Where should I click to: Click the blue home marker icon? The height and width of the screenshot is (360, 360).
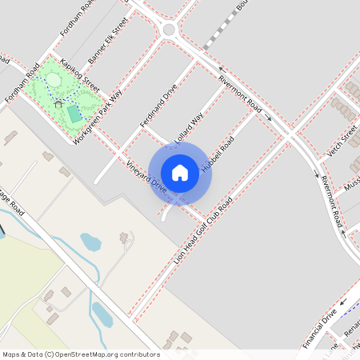(180, 172)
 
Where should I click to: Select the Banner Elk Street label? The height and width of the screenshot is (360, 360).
(108, 42)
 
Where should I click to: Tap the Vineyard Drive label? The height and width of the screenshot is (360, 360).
(146, 177)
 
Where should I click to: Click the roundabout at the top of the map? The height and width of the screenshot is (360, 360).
(169, 30)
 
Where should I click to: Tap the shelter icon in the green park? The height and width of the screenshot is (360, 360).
(58, 103)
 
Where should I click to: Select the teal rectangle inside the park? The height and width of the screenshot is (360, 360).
(74, 114)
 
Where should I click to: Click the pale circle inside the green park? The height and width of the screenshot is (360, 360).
(54, 79)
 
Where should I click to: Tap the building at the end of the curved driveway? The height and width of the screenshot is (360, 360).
(124, 238)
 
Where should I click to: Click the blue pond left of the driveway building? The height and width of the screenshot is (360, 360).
(90, 241)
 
